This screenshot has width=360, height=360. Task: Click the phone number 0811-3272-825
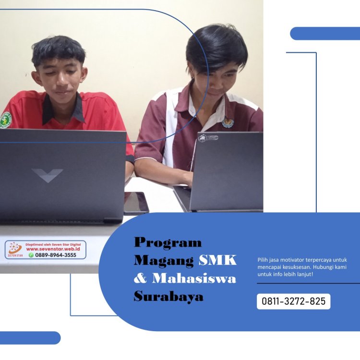(293, 301)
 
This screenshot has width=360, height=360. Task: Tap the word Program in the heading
(168, 242)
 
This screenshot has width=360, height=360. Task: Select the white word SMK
(218, 260)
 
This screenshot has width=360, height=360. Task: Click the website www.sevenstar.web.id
(53, 249)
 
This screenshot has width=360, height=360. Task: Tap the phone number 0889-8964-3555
(55, 255)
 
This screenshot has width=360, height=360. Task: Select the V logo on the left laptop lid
(47, 174)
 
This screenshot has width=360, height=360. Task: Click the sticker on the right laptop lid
(208, 138)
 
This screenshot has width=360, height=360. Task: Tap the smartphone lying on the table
(136, 203)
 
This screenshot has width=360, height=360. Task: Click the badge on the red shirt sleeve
(5, 120)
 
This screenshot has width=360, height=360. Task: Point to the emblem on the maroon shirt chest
(228, 123)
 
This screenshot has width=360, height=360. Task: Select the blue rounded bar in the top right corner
(325, 34)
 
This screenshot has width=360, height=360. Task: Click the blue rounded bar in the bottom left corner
(30, 337)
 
